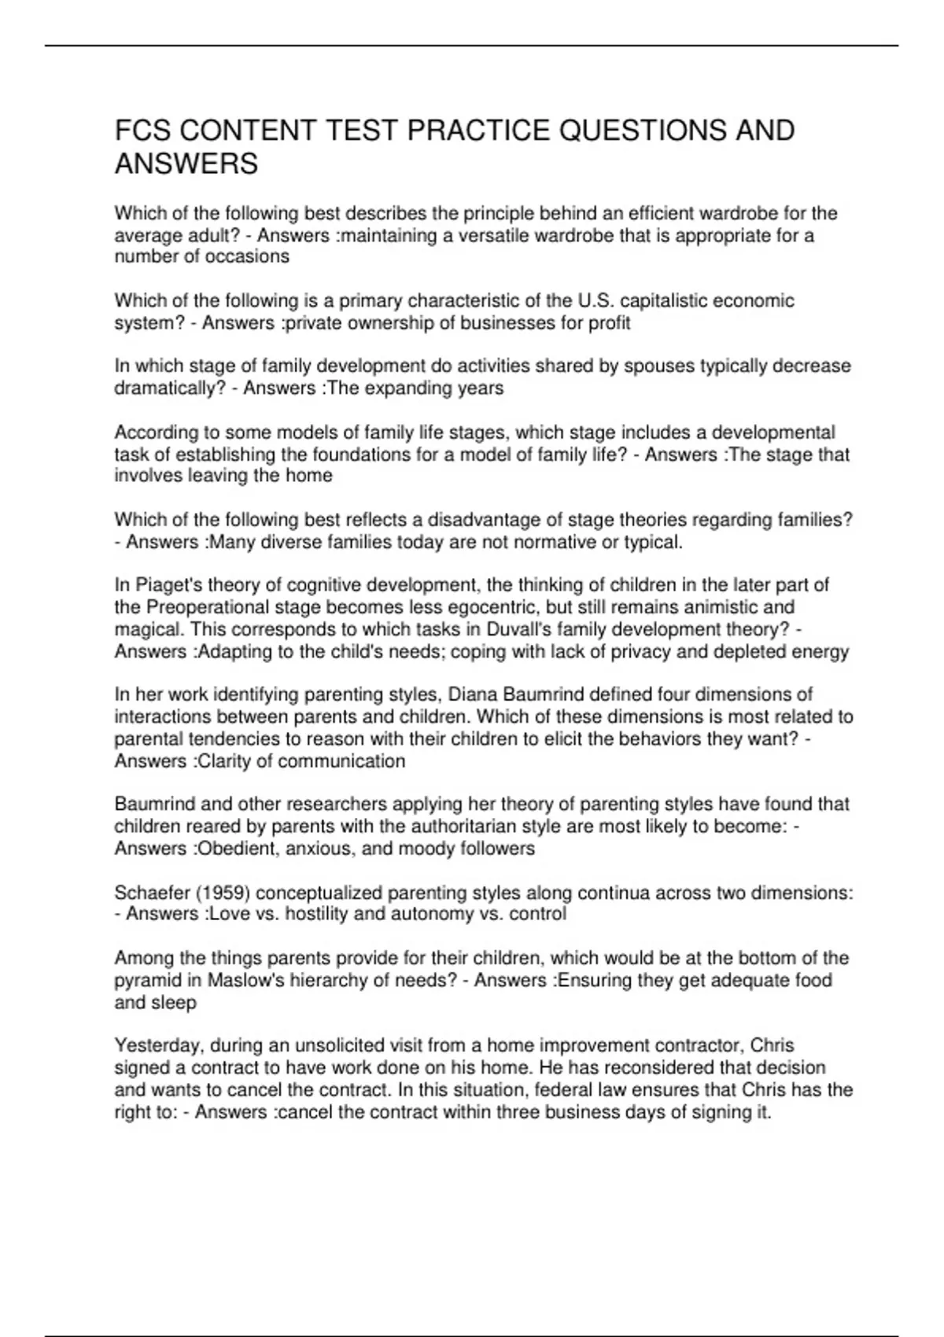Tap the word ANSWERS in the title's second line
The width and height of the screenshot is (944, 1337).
tap(186, 164)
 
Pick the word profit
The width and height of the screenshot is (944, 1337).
tap(610, 322)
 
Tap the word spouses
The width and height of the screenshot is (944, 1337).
tap(658, 366)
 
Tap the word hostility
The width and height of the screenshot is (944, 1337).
tap(316, 914)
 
